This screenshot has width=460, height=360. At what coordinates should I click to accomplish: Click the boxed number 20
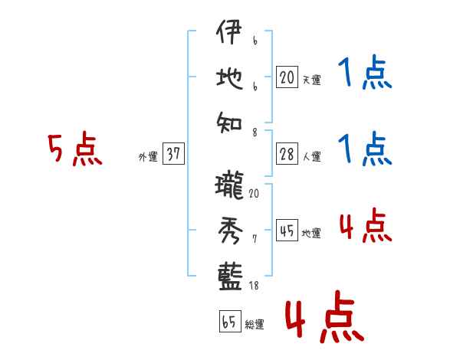287,77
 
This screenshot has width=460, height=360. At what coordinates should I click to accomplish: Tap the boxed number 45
287,231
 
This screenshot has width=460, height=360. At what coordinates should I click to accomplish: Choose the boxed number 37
172,154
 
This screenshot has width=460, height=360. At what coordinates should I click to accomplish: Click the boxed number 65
229,322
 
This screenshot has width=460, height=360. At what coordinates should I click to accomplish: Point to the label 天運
312,80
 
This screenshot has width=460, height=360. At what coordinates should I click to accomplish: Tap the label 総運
255,324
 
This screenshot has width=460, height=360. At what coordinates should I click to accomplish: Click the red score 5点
74,150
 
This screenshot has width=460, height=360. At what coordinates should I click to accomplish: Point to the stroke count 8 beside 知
254,131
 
